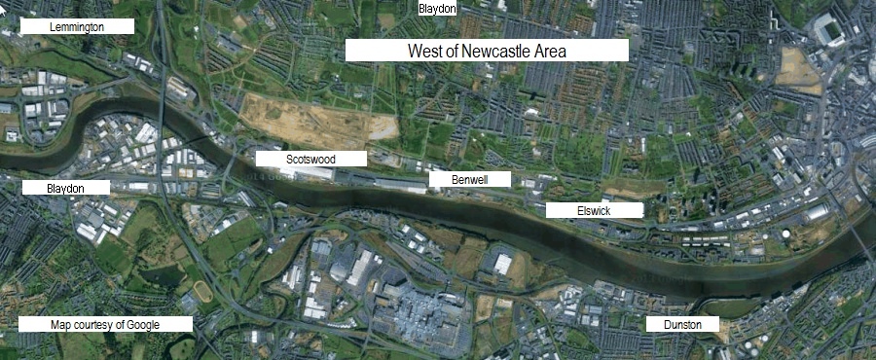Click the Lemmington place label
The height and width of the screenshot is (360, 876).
(77, 26)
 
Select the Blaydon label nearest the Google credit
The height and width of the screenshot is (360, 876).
(65, 187)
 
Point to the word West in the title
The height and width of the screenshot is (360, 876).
(424, 51)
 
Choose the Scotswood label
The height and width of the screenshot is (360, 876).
(310, 158)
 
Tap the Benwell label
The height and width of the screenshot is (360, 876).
(469, 179)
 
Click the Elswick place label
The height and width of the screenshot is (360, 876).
(593, 210)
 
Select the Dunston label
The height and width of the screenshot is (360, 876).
(682, 324)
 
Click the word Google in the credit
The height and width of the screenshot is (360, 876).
(143, 324)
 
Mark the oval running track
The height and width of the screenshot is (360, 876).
(201, 291)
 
